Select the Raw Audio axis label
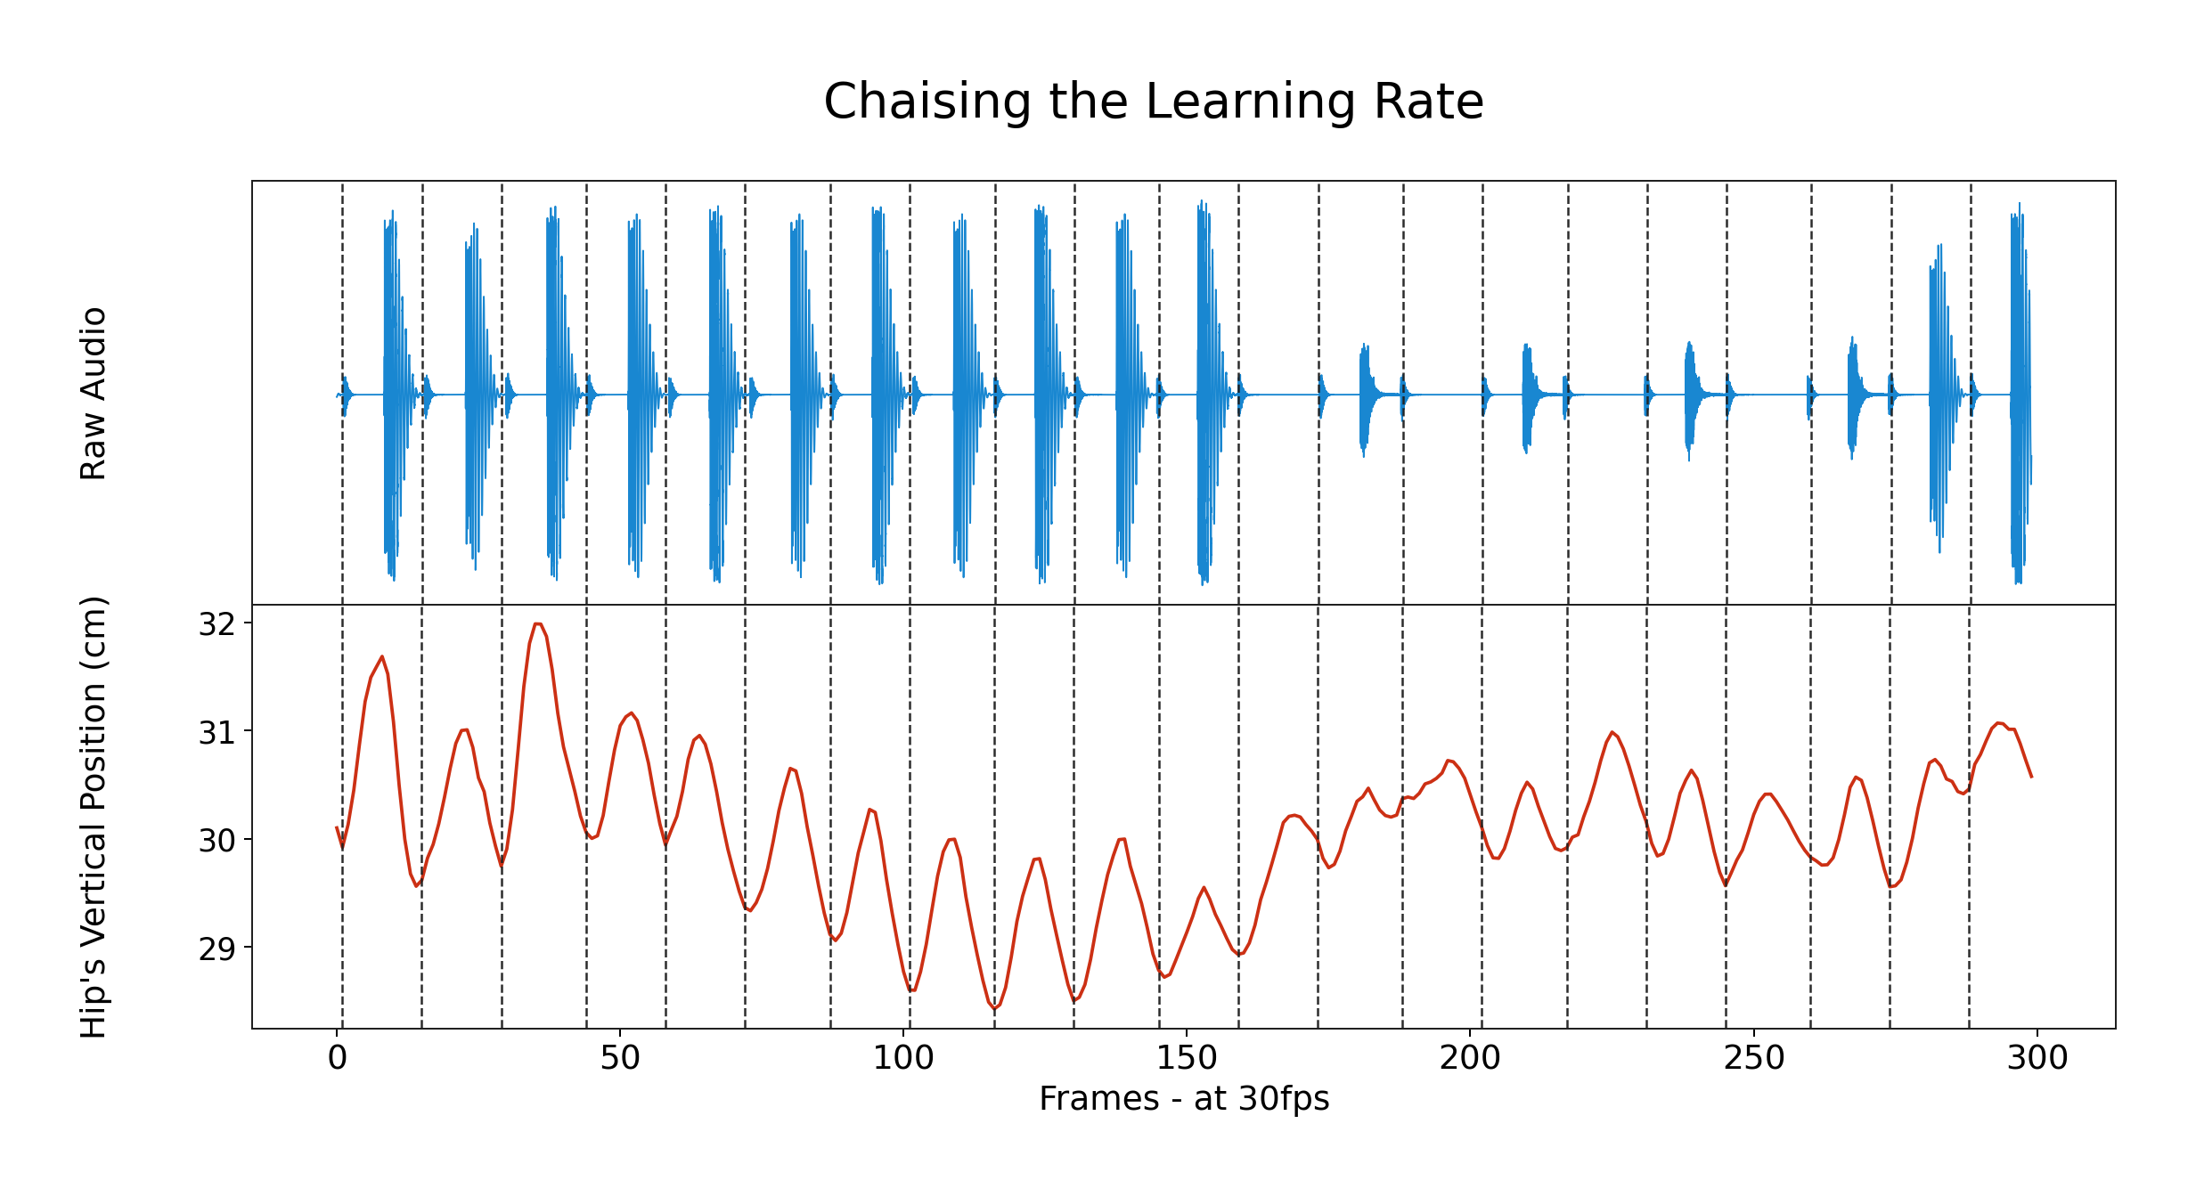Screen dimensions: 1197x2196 coord(94,394)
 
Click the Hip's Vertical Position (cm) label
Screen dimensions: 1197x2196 coord(94,817)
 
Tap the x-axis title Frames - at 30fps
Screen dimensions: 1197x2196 coord(1183,1098)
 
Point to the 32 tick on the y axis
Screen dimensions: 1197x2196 coord(216,624)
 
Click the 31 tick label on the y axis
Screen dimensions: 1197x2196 coord(216,732)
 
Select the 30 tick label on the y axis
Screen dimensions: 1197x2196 coord(216,840)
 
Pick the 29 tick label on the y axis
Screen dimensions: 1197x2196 coord(216,948)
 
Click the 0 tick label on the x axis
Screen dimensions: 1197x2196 coord(337,1058)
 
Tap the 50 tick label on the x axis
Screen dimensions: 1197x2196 coord(620,1058)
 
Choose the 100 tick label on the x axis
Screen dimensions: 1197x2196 coord(903,1058)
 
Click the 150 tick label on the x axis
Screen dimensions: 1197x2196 coord(1187,1058)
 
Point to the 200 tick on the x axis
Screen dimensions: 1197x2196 coord(1470,1058)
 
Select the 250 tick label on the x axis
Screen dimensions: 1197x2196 coord(1753,1058)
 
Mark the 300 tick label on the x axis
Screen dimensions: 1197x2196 coord(2037,1058)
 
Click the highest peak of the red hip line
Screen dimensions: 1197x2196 coord(537,623)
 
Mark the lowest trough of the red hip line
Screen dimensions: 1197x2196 coord(995,1009)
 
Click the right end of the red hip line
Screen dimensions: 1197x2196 coord(2031,778)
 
